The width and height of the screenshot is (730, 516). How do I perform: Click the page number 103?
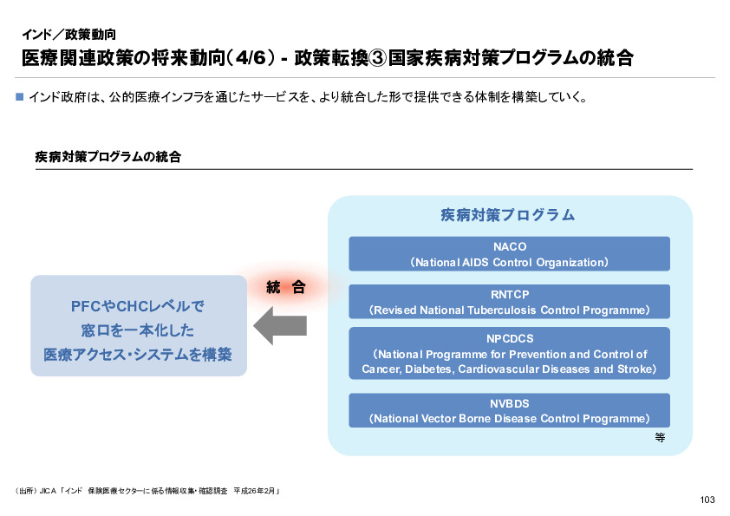click(x=707, y=500)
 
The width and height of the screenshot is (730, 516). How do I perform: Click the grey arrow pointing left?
click(x=280, y=327)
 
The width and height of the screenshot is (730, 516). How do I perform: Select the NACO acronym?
click(x=509, y=246)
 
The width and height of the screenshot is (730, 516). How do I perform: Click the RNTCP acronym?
click(x=509, y=294)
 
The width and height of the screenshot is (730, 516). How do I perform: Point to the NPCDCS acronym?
click(x=509, y=338)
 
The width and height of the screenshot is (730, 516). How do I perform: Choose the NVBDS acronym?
click(x=509, y=403)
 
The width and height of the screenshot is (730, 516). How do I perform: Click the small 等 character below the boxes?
click(x=660, y=438)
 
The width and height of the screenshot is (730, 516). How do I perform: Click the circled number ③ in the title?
click(x=376, y=59)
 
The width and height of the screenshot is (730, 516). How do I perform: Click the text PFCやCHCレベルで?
click(x=138, y=307)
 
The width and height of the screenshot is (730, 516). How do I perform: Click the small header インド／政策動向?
click(x=68, y=36)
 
